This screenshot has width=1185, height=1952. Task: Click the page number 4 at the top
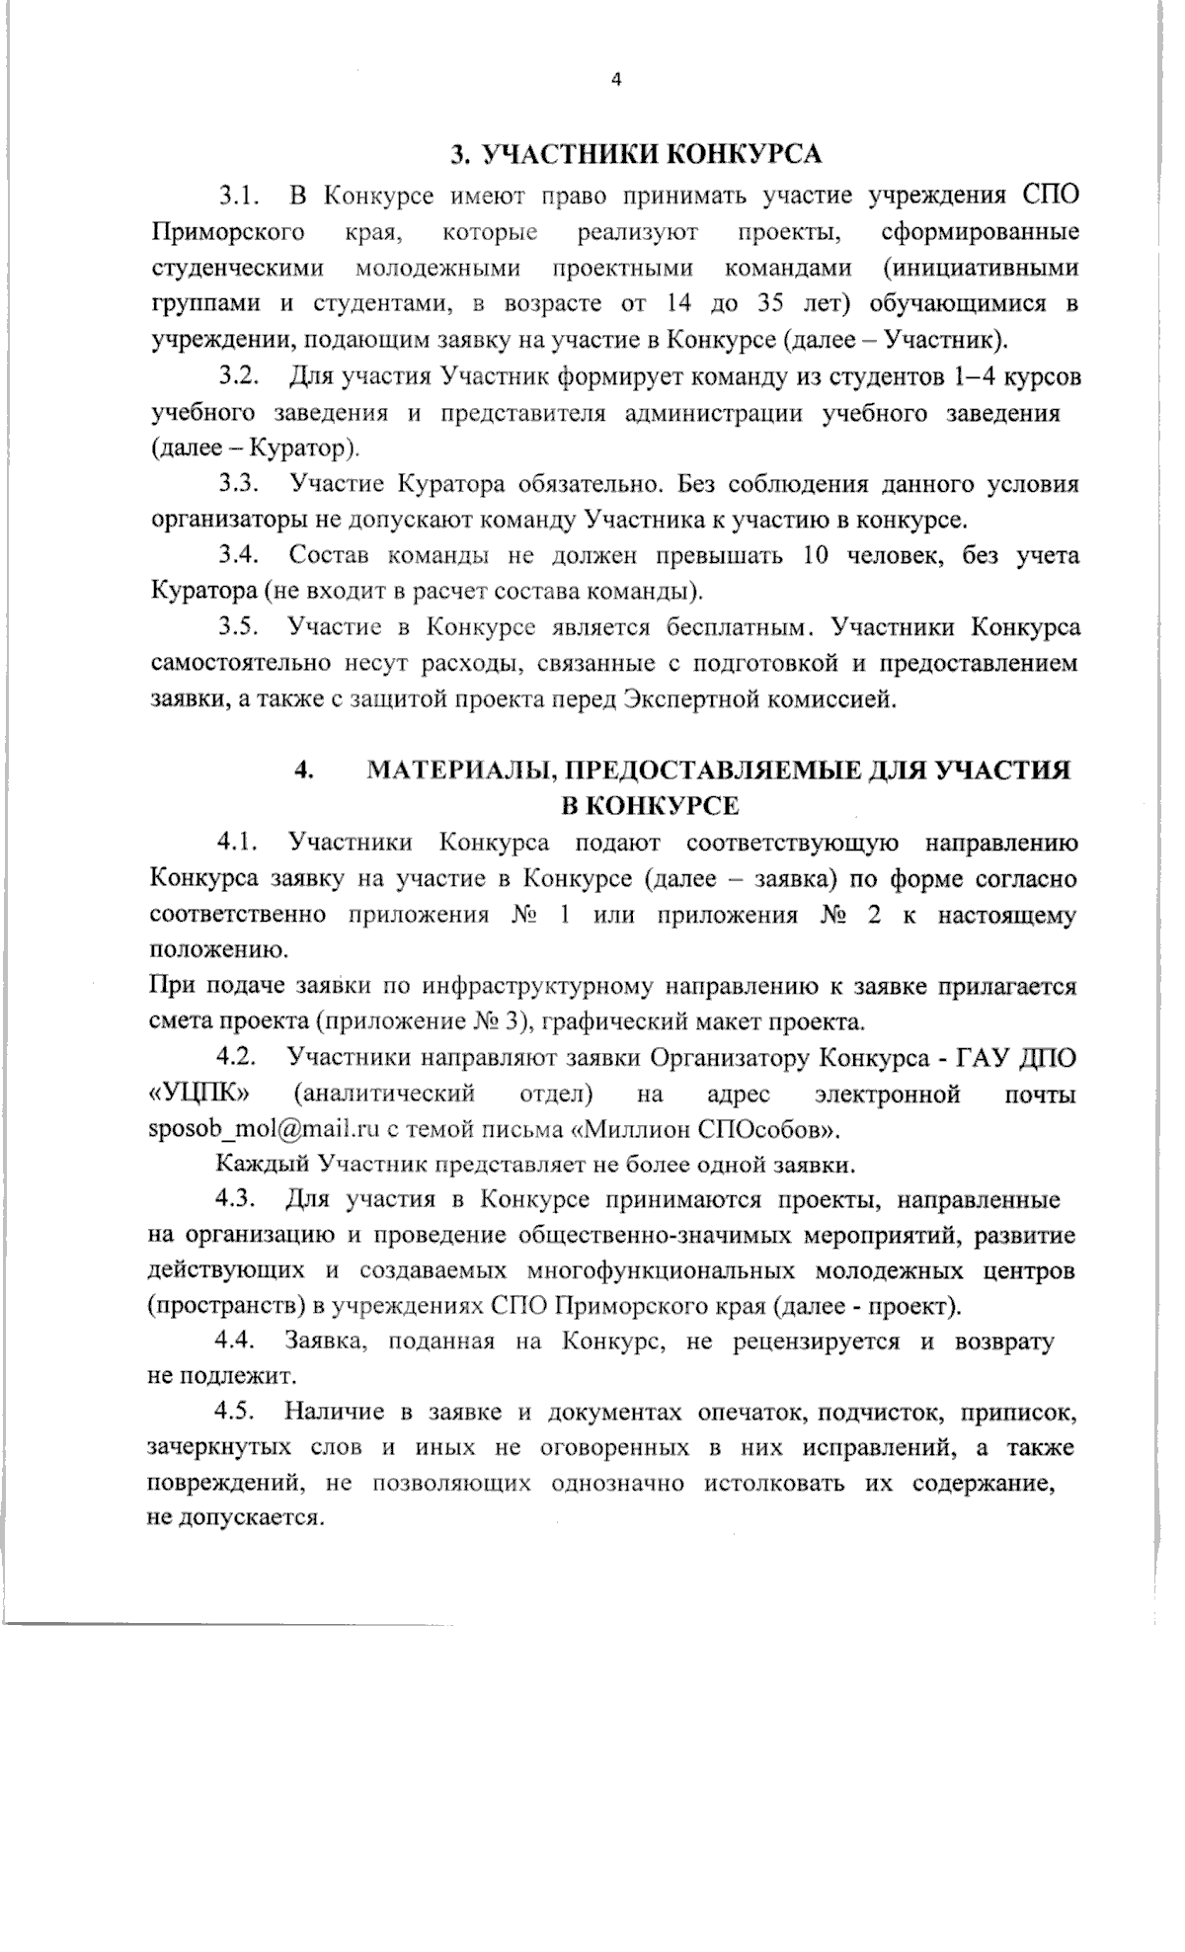click(x=617, y=80)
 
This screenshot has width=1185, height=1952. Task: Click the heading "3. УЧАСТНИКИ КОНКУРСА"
click(x=635, y=154)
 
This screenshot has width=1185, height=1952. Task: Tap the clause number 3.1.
click(x=239, y=196)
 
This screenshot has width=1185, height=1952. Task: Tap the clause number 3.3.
click(x=239, y=484)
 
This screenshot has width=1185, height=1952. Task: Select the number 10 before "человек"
click(x=816, y=556)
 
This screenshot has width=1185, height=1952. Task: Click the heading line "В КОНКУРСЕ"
click(x=650, y=805)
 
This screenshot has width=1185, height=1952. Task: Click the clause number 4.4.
click(x=237, y=1342)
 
